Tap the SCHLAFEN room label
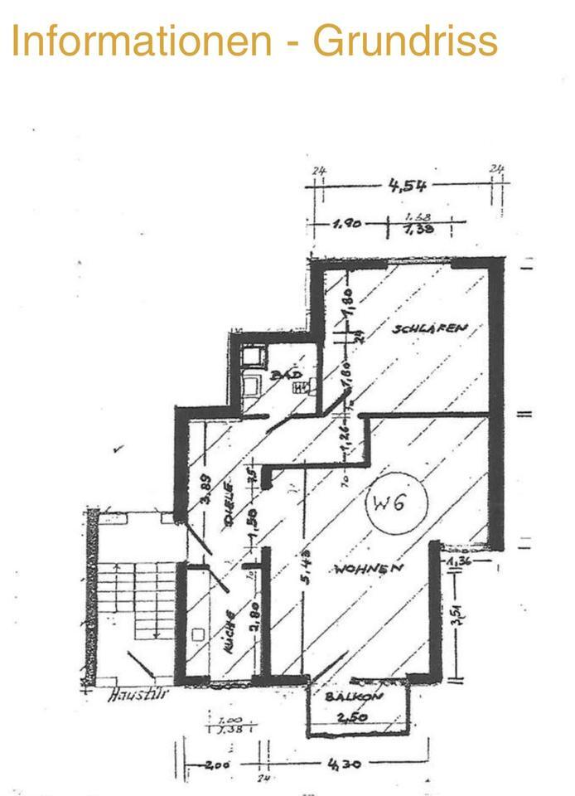tap(430, 328)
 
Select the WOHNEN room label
tap(369, 569)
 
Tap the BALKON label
tap(354, 697)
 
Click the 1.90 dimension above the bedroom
tap(348, 224)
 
